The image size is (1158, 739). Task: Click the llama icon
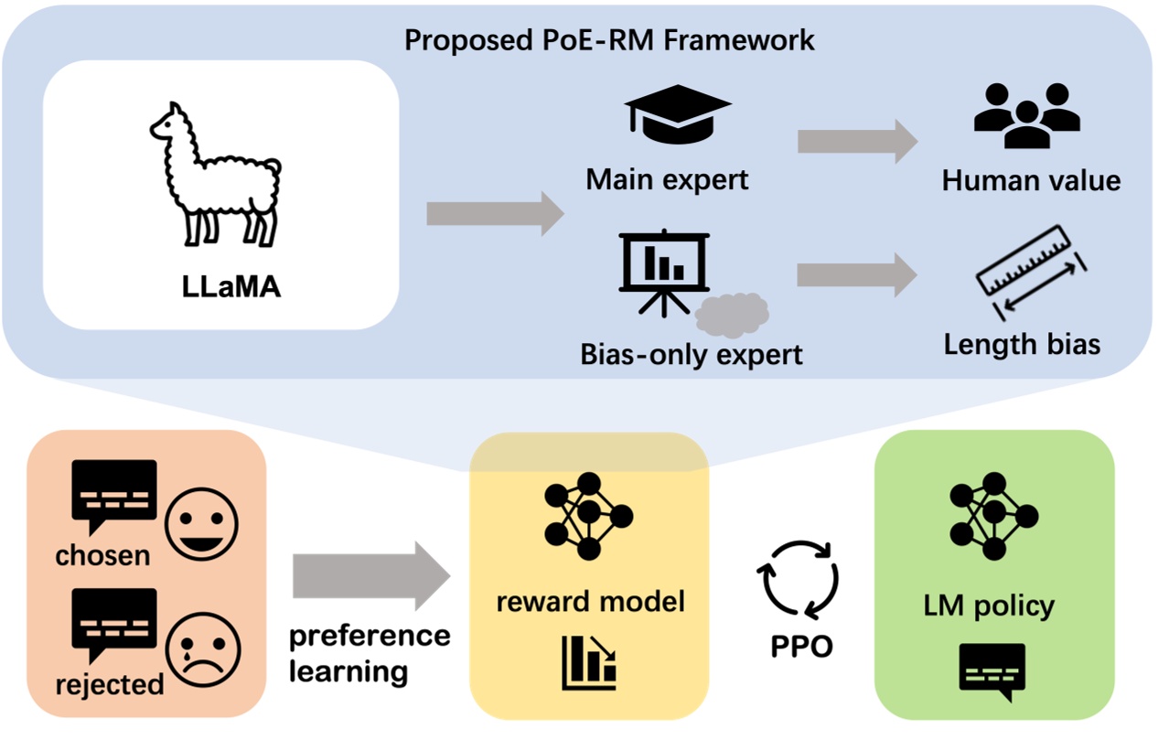(x=216, y=174)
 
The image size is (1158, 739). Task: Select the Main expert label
(x=667, y=179)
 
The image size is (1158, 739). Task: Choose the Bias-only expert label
(x=692, y=354)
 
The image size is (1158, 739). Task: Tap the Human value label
(x=1031, y=180)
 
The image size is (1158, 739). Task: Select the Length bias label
(x=1022, y=345)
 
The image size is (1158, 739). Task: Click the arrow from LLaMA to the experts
(x=495, y=214)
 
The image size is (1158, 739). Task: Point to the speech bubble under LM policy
(x=992, y=671)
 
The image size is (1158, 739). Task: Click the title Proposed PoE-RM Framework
(x=609, y=40)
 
